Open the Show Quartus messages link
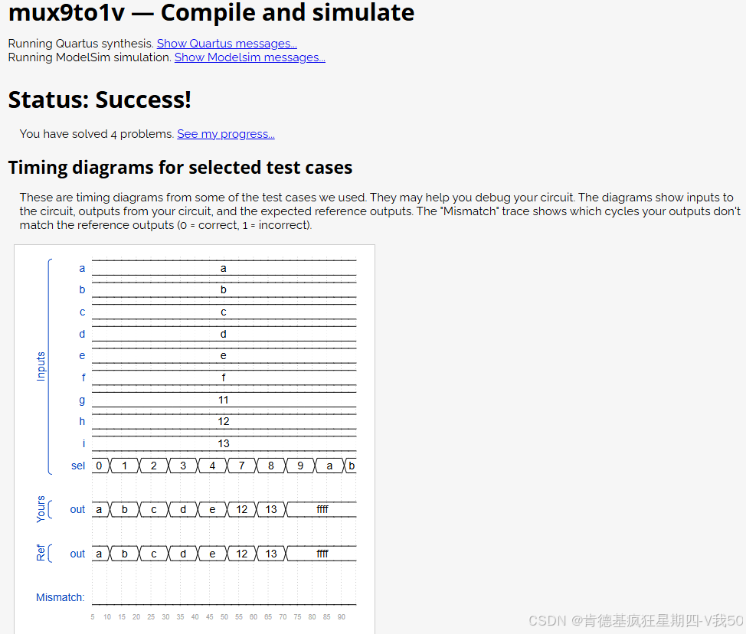(227, 44)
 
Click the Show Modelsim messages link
(250, 57)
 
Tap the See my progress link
(226, 134)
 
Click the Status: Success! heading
(100, 100)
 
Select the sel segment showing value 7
(242, 466)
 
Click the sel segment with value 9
(300, 466)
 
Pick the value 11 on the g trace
(224, 400)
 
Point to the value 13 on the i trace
(224, 444)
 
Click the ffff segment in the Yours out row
(322, 509)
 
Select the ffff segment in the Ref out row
(322, 554)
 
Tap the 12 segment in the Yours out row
(242, 509)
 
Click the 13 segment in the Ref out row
(271, 554)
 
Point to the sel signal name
(78, 466)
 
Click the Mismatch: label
(61, 597)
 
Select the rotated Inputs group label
(41, 366)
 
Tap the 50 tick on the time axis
(224, 617)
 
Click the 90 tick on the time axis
(342, 617)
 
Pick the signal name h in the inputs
(82, 421)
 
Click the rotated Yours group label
(41, 509)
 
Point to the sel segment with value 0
(99, 466)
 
